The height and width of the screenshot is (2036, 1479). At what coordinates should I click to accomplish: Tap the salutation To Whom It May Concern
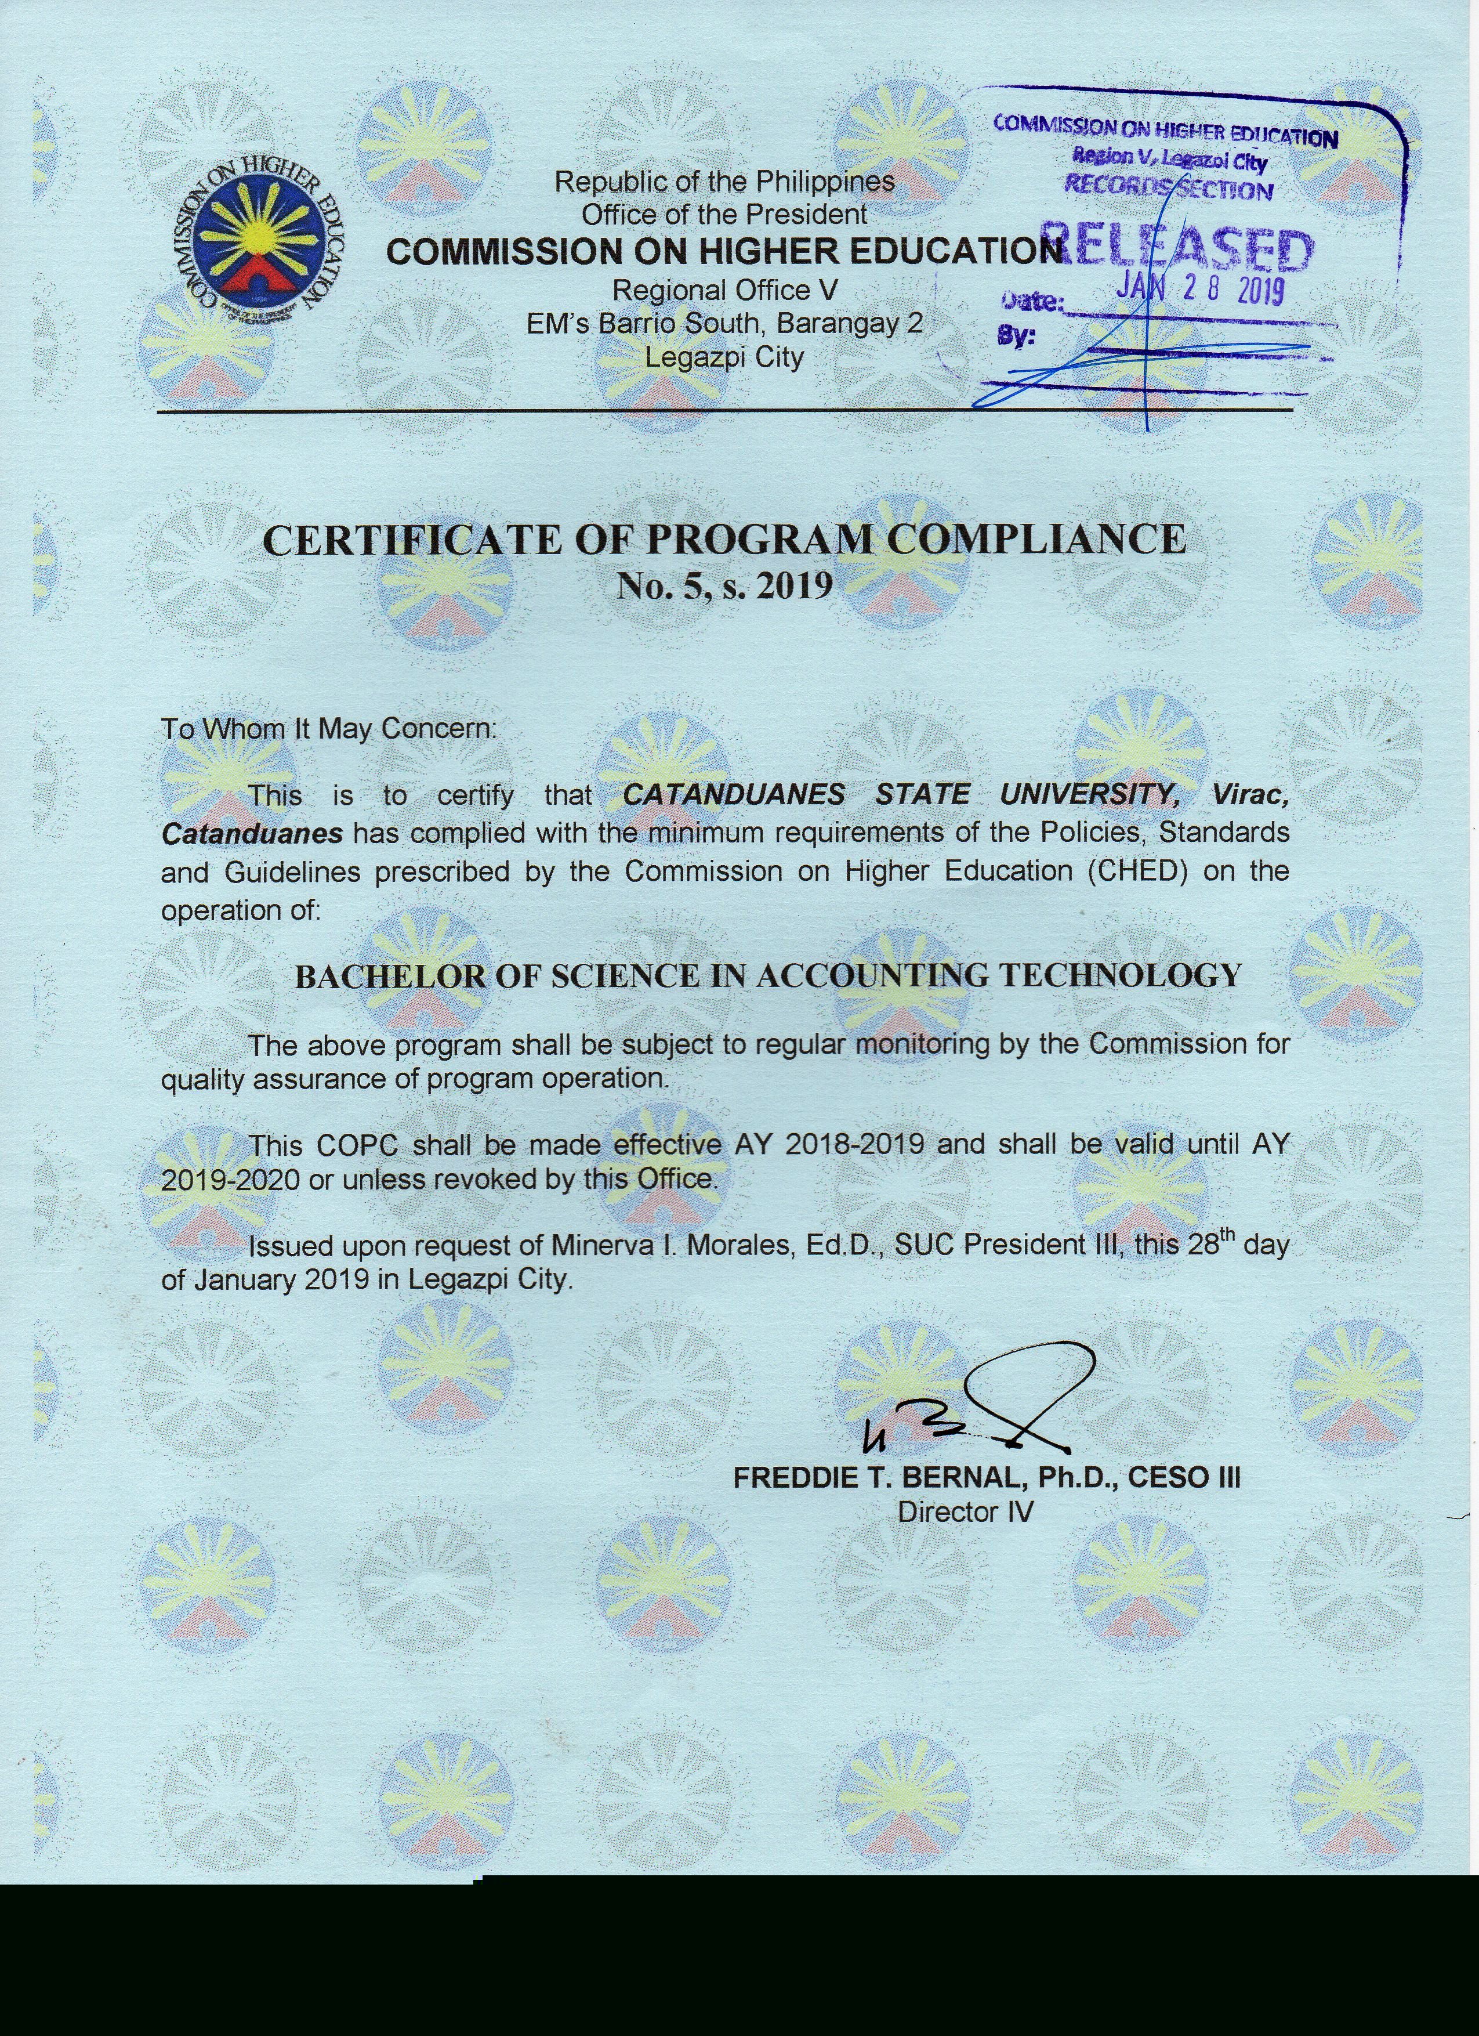tap(328, 728)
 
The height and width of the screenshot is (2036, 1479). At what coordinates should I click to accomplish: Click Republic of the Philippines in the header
tap(724, 182)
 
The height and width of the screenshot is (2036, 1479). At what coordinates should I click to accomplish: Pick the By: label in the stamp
tap(1016, 338)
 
